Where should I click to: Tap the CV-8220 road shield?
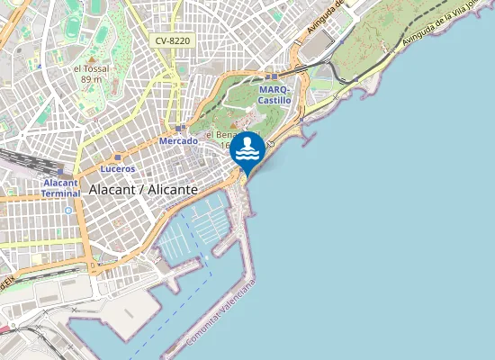[x=172, y=40]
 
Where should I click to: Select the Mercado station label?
[x=177, y=141]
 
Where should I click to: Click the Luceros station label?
[x=118, y=168]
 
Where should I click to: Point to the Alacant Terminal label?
[x=62, y=187]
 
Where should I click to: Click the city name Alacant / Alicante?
[x=143, y=190]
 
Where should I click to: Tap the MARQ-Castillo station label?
[x=274, y=95]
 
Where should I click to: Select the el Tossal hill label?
[x=90, y=68]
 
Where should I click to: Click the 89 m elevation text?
[x=91, y=79]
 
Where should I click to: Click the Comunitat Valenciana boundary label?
[x=221, y=315]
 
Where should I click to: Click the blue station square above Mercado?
[x=180, y=129]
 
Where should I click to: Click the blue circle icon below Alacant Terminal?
[x=67, y=211]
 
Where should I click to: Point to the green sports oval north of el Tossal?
[x=97, y=34]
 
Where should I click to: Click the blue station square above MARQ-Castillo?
[x=273, y=77]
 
